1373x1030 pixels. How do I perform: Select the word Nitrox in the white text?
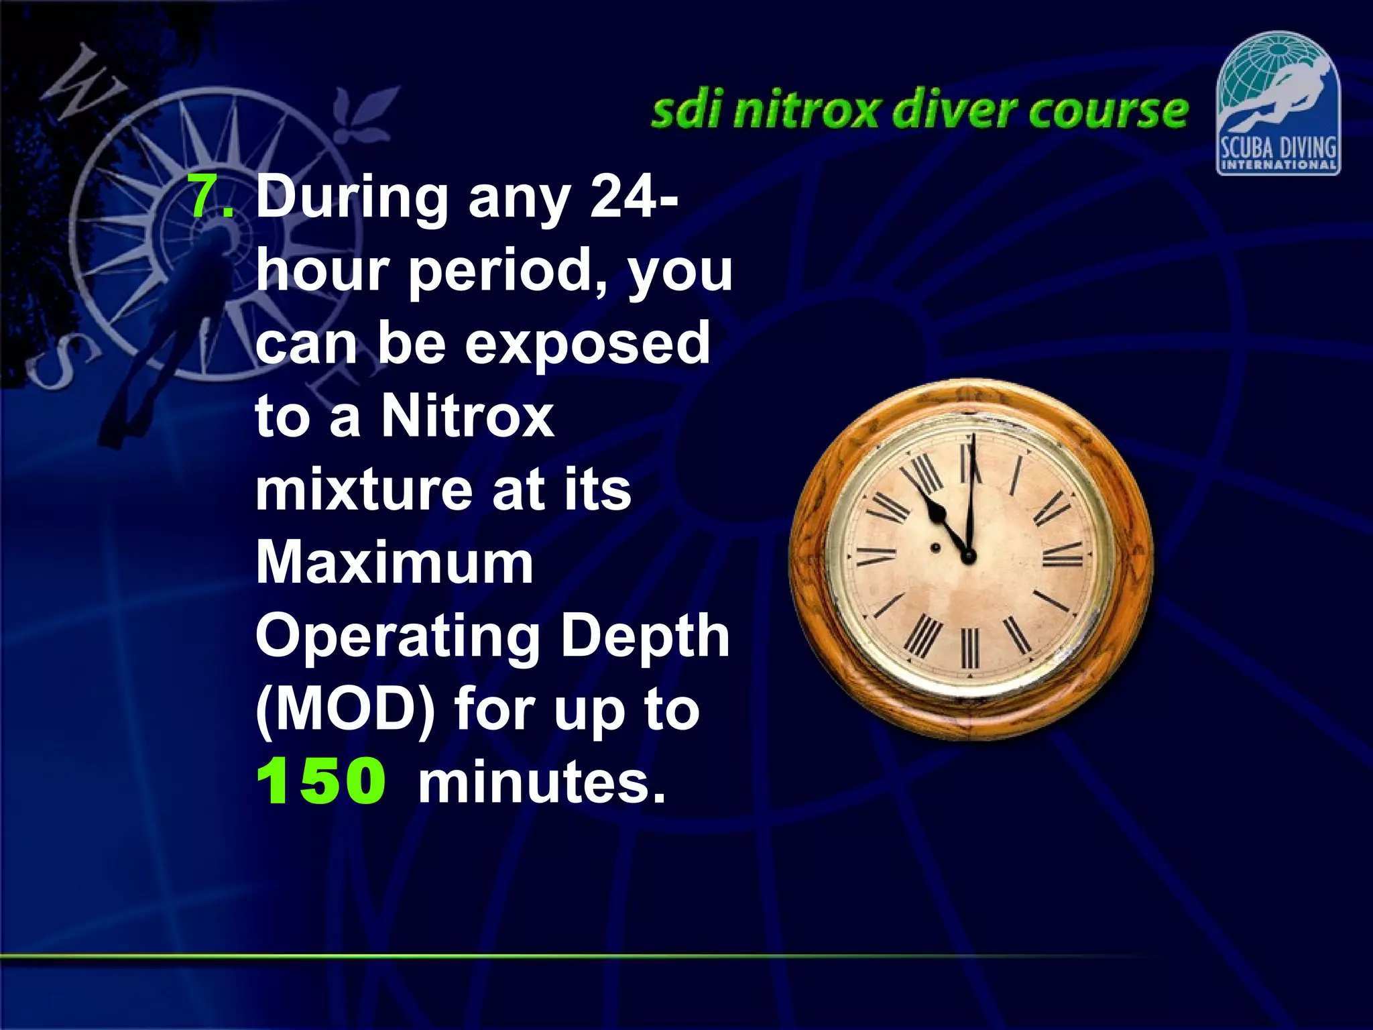click(467, 416)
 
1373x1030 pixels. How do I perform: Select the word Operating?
click(398, 637)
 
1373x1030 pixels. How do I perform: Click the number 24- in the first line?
click(634, 196)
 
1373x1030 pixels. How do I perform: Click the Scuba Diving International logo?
click(1278, 104)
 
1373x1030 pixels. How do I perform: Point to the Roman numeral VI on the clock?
click(969, 648)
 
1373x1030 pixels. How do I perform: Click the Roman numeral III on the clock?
click(1063, 555)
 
